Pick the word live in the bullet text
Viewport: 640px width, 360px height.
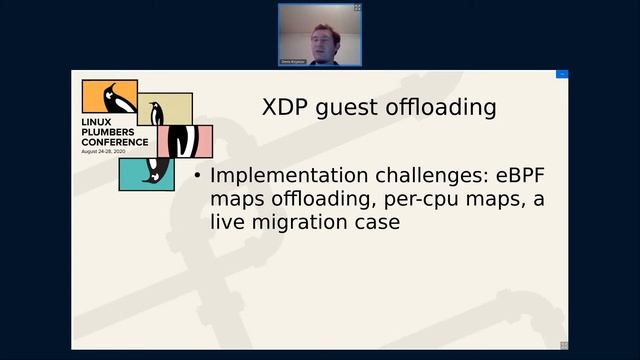tap(228, 222)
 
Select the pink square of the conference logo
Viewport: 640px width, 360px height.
tap(193, 141)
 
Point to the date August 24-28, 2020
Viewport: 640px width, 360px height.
tap(112, 152)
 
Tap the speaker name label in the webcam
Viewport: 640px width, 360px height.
tap(293, 62)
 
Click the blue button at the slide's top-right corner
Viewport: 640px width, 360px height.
tap(562, 75)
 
